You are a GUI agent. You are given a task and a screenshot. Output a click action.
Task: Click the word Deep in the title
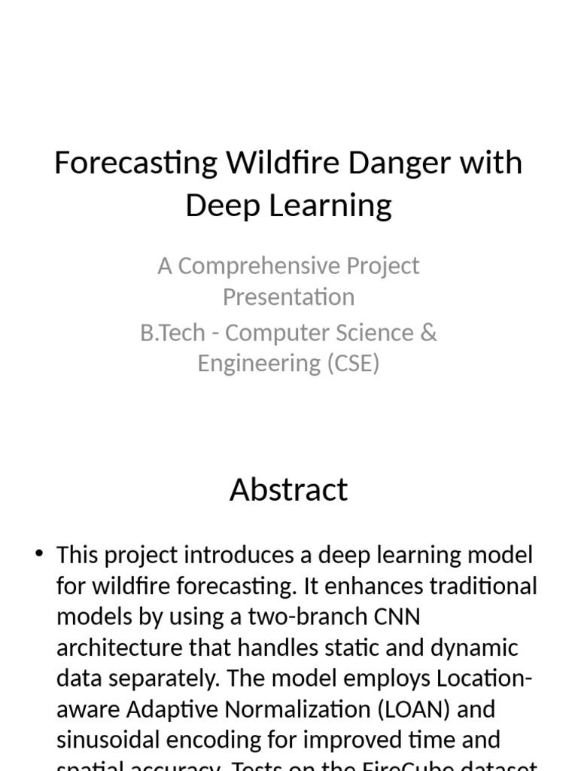tap(219, 205)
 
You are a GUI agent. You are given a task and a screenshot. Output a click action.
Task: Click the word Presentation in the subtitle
tap(288, 297)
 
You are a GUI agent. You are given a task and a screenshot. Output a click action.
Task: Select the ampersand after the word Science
tap(429, 333)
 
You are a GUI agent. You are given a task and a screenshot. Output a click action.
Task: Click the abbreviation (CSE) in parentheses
tap(353, 364)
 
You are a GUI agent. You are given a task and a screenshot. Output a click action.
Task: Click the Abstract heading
tap(288, 489)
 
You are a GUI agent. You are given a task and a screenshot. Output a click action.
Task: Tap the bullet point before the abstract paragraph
tap(40, 555)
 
